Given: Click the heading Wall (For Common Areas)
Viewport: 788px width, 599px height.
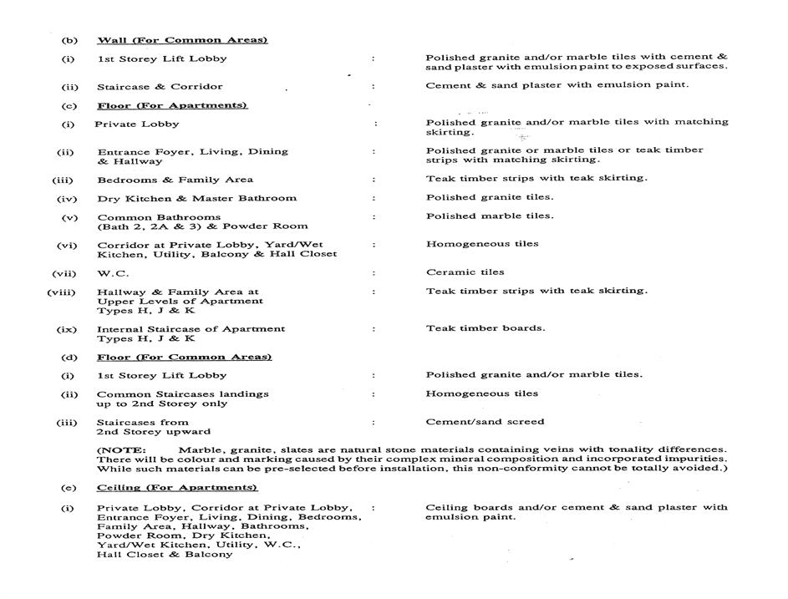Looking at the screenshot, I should click(x=182, y=40).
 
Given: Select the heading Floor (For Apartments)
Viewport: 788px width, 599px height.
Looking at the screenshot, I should click(x=172, y=105).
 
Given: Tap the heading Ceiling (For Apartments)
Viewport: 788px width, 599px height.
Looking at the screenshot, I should click(x=177, y=487).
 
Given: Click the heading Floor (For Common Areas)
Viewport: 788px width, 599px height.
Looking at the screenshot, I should click(x=184, y=357).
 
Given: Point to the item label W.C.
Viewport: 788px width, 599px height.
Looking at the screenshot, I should click(x=113, y=272).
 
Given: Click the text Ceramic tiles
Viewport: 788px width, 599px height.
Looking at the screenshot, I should click(x=465, y=272).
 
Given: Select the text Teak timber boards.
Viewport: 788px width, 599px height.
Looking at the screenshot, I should click(x=485, y=327).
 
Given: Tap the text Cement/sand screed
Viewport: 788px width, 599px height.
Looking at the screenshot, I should click(x=485, y=421).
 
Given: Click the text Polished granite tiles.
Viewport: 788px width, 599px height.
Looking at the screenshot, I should click(x=489, y=197).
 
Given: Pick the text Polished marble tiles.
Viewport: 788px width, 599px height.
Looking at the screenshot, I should click(x=489, y=216).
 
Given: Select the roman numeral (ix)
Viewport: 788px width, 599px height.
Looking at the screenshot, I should click(x=67, y=329).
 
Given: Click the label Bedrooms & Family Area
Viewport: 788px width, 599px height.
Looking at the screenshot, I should click(x=175, y=180).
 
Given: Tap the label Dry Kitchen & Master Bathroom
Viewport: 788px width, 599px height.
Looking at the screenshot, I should click(x=196, y=198).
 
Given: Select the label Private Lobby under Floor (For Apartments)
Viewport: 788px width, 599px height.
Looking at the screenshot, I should click(x=136, y=124).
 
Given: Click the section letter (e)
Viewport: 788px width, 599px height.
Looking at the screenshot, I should click(x=67, y=487).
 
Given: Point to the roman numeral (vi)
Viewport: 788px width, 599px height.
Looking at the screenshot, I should click(x=67, y=245).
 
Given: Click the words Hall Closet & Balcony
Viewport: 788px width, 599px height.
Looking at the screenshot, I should click(x=165, y=554).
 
